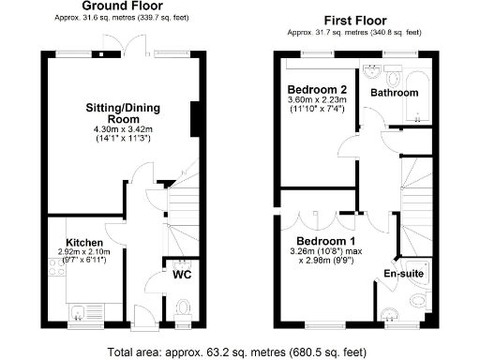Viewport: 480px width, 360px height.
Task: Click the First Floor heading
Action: pyautogui.click(x=355, y=19)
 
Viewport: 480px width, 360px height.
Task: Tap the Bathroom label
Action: pyautogui.click(x=394, y=93)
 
